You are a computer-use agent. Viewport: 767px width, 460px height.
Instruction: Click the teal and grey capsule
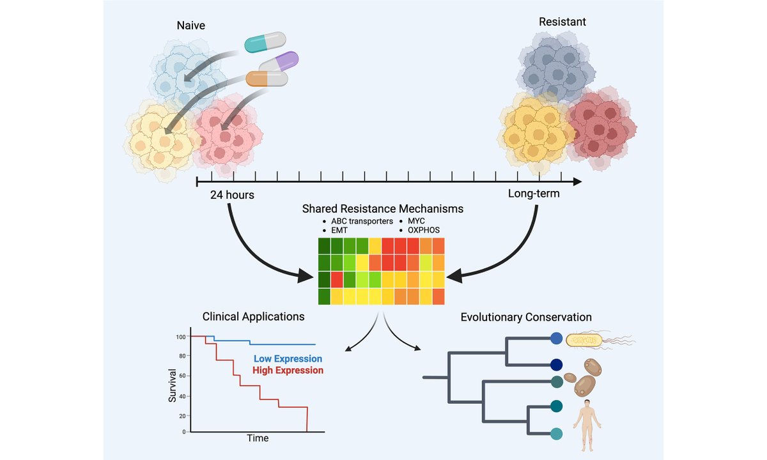265,43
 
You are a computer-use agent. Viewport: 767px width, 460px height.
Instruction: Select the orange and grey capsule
267,79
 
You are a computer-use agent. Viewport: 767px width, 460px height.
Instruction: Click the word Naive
191,26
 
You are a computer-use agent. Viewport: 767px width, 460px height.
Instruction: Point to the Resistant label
562,22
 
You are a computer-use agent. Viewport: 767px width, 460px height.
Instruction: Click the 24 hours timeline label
232,194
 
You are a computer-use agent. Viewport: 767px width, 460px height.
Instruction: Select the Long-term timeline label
534,193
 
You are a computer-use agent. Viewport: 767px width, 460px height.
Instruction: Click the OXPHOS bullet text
424,230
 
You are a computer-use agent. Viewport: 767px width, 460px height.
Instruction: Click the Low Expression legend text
288,359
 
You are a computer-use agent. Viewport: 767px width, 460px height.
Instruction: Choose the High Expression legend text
288,370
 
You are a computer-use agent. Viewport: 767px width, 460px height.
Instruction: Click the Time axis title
258,438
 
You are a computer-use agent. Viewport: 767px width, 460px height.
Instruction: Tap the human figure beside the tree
585,418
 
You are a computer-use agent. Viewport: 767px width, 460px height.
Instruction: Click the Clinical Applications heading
253,316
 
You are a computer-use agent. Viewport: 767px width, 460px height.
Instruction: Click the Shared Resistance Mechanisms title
383,209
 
